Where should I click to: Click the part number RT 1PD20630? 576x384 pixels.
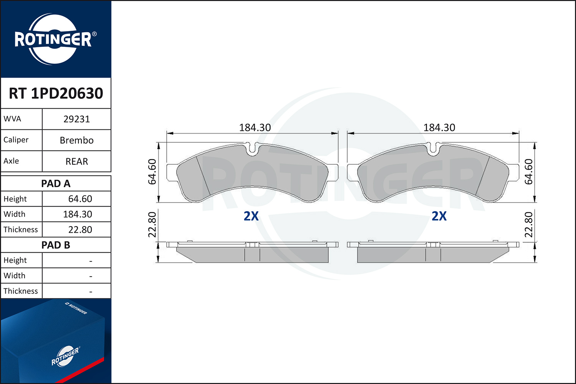click(x=56, y=93)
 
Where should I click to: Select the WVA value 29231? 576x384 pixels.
click(x=77, y=119)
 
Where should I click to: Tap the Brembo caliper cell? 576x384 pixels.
click(x=77, y=140)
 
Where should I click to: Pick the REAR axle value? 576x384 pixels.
click(x=77, y=161)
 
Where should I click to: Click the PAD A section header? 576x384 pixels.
click(x=56, y=184)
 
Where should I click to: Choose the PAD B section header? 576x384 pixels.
click(x=56, y=245)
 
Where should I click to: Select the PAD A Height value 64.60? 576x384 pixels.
click(x=80, y=199)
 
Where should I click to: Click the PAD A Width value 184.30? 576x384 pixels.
click(x=78, y=214)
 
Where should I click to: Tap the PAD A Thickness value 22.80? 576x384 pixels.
click(x=80, y=229)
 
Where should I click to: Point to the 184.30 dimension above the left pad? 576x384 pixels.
click(x=255, y=127)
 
